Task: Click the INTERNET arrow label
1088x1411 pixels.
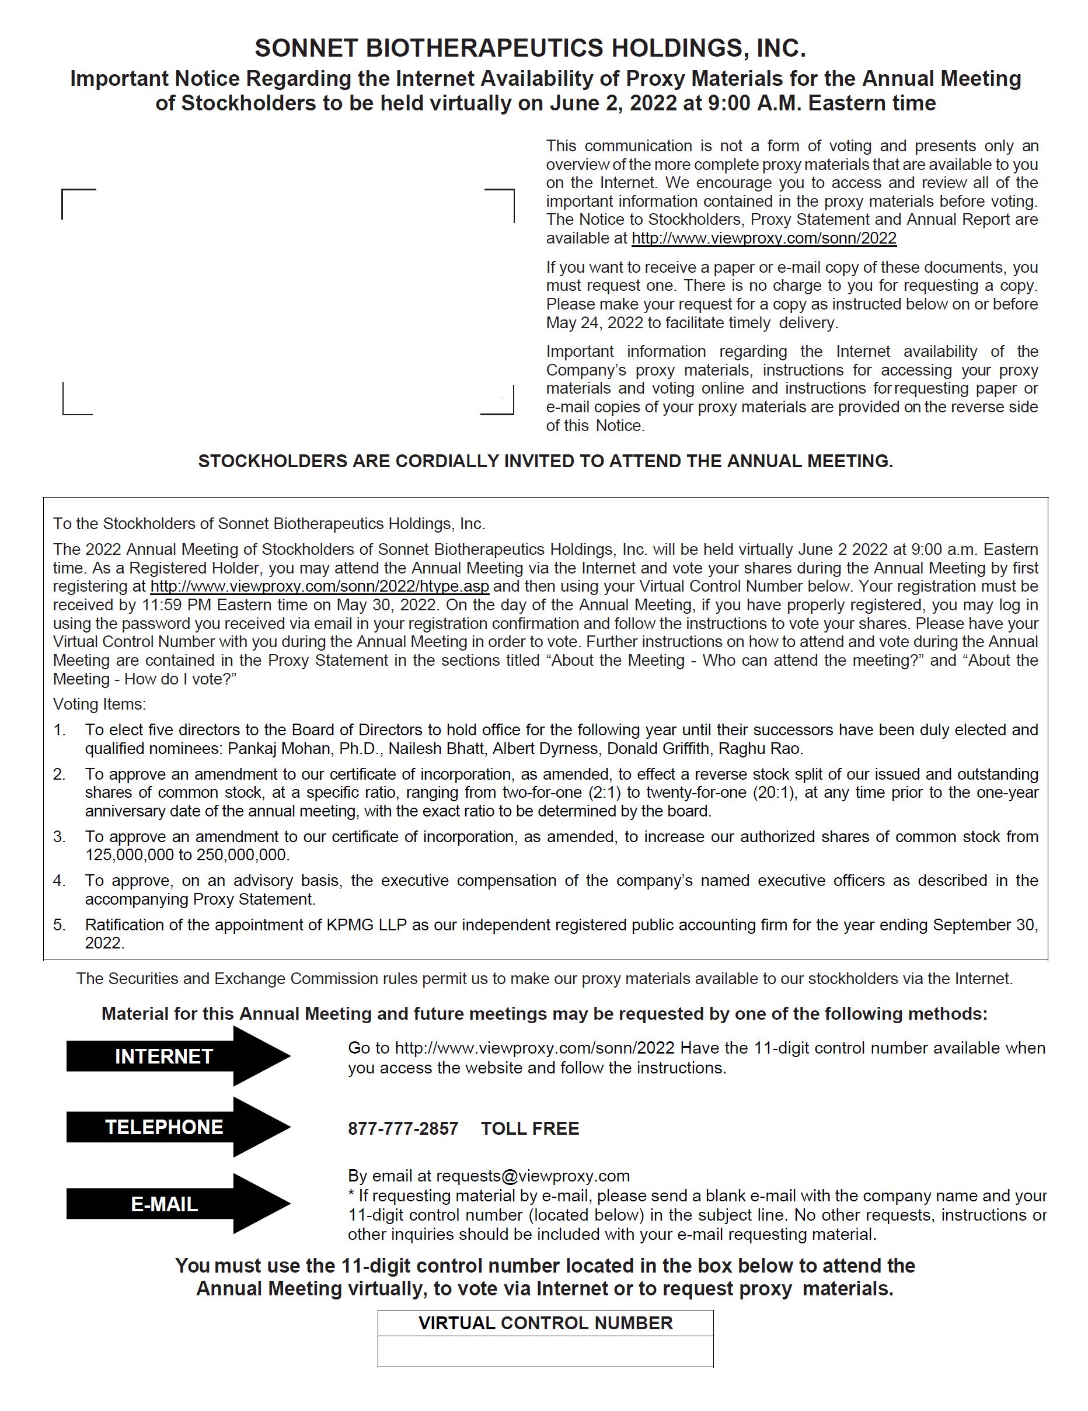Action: click(x=163, y=1056)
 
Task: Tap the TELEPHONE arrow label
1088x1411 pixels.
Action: click(x=164, y=1127)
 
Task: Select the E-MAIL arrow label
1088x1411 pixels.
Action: click(x=164, y=1204)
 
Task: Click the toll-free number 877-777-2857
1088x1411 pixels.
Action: click(x=403, y=1129)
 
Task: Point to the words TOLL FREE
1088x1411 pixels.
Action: click(x=529, y=1129)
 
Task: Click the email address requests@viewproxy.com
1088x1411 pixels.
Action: click(x=533, y=1176)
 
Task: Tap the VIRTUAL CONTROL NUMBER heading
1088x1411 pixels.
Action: click(x=546, y=1323)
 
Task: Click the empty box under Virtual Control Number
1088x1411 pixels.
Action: click(x=546, y=1351)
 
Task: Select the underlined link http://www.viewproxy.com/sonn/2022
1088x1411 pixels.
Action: click(x=764, y=238)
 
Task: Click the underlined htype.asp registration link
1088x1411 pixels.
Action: click(x=320, y=586)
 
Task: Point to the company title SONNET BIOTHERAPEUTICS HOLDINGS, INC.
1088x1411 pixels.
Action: click(x=530, y=48)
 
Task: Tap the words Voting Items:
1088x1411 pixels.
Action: click(x=99, y=704)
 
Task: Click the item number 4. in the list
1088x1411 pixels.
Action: click(x=60, y=881)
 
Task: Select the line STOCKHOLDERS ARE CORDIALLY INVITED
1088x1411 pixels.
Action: click(x=546, y=461)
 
